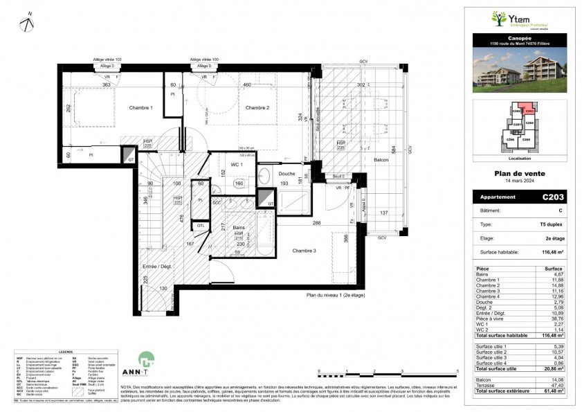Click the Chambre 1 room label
pyautogui.click(x=140, y=107)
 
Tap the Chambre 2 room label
pyautogui.click(x=257, y=107)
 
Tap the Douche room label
pyautogui.click(x=287, y=174)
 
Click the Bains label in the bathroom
pyautogui.click(x=238, y=226)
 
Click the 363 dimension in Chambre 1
pyautogui.click(x=107, y=84)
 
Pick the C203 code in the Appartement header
pyautogui.click(x=553, y=197)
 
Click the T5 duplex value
pyautogui.click(x=554, y=224)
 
